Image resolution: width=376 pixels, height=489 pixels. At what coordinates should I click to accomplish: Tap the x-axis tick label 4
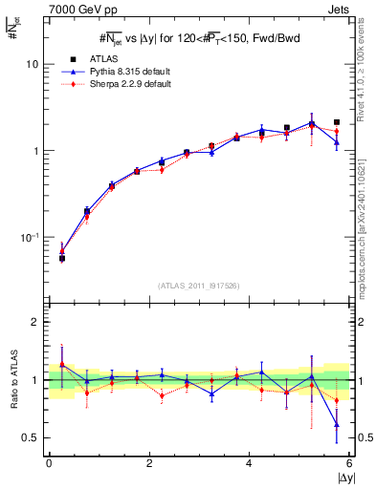pyautogui.click(x=250, y=463)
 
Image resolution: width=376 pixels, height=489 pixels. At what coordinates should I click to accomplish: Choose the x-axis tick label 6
pyautogui.click(x=349, y=463)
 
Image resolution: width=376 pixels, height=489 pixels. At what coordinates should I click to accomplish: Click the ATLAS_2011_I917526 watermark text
pyautogui.click(x=199, y=285)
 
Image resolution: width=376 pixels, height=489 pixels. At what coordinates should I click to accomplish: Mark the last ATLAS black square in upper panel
pyautogui.click(x=337, y=122)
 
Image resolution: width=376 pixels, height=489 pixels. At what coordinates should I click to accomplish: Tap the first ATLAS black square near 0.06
pyautogui.click(x=62, y=258)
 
